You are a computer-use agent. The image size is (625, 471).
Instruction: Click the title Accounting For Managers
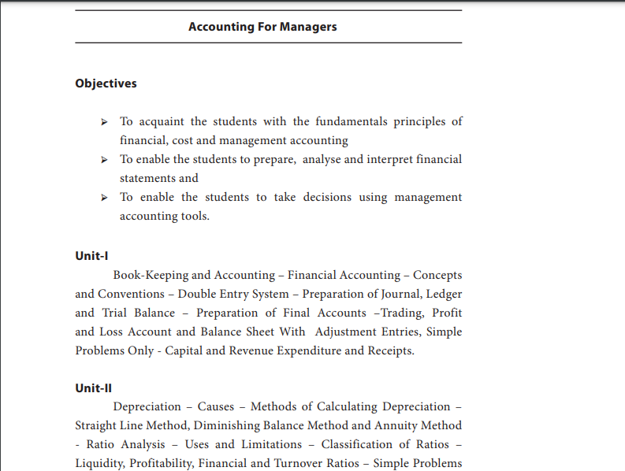262,27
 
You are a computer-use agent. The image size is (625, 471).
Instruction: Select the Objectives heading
106,83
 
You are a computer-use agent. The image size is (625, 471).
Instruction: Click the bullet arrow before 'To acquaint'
104,122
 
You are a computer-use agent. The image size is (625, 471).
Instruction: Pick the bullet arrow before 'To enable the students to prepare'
104,160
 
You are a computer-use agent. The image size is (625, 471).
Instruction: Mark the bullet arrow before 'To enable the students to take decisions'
104,198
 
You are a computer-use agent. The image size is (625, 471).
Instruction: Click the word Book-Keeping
151,275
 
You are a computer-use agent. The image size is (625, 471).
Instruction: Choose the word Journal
401,294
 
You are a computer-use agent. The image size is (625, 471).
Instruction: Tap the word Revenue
251,350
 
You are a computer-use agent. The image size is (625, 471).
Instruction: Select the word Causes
215,406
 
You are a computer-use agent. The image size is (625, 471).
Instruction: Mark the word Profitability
163,463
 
